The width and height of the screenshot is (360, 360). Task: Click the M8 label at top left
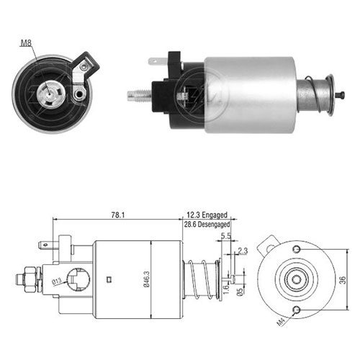tap(26, 43)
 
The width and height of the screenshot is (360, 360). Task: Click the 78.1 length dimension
tap(118, 215)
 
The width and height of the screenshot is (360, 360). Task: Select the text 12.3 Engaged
tap(207, 215)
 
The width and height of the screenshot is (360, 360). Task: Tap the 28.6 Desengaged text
tap(207, 225)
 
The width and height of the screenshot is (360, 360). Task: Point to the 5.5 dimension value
tap(226, 236)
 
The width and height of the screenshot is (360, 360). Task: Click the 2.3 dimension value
tap(243, 251)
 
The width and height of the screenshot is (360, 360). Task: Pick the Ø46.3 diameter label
tap(146, 279)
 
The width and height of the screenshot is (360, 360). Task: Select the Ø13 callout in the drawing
tap(57, 282)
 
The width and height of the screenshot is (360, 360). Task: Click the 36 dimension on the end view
tap(343, 280)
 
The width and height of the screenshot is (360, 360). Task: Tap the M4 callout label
tap(281, 321)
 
